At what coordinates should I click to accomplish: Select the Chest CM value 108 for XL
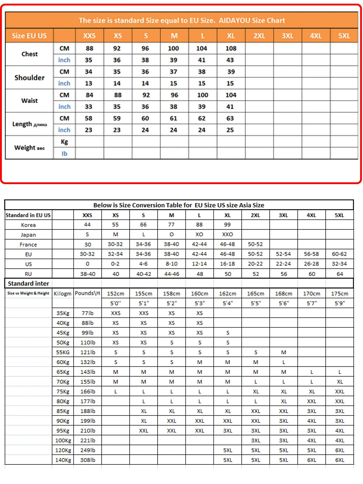pyautogui.click(x=231, y=48)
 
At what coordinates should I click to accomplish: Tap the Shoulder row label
pyautogui.click(x=29, y=78)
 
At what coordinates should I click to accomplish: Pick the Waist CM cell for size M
pyautogui.click(x=174, y=95)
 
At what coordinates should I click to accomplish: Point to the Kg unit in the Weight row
pyautogui.click(x=64, y=142)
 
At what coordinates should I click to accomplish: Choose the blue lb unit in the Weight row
pyautogui.click(x=64, y=154)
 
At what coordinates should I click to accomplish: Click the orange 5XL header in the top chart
pyautogui.click(x=344, y=36)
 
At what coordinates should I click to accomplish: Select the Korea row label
pyautogui.click(x=28, y=225)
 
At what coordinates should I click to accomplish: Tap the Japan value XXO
pyautogui.click(x=228, y=235)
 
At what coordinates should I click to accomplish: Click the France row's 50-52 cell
pyautogui.click(x=255, y=244)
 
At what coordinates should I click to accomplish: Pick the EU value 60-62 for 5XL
pyautogui.click(x=339, y=254)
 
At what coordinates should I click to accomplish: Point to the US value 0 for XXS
pyautogui.click(x=87, y=264)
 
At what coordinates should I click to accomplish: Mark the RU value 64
pyautogui.click(x=340, y=274)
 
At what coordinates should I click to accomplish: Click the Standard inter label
pyautogui.click(x=28, y=284)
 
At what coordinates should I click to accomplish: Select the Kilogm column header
pyautogui.click(x=62, y=293)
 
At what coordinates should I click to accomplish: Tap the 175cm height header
pyautogui.click(x=339, y=293)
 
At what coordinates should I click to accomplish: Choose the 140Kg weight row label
pyautogui.click(x=63, y=460)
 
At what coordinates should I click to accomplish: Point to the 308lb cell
pyautogui.click(x=87, y=460)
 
